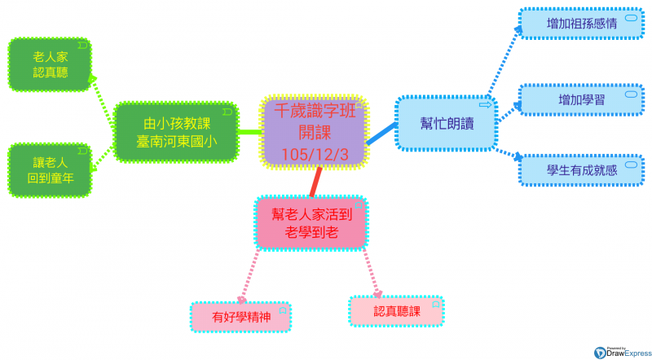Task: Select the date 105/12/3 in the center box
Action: point(314,154)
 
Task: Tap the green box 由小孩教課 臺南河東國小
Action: point(176,132)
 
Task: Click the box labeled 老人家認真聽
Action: point(50,65)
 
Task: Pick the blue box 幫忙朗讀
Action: point(445,123)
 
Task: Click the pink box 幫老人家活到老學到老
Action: point(311,222)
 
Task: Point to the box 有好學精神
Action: point(240,317)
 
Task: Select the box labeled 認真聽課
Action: point(396,311)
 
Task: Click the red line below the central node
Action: point(316,182)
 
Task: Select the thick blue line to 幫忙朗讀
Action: point(381,134)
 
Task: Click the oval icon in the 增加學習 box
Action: point(630,94)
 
